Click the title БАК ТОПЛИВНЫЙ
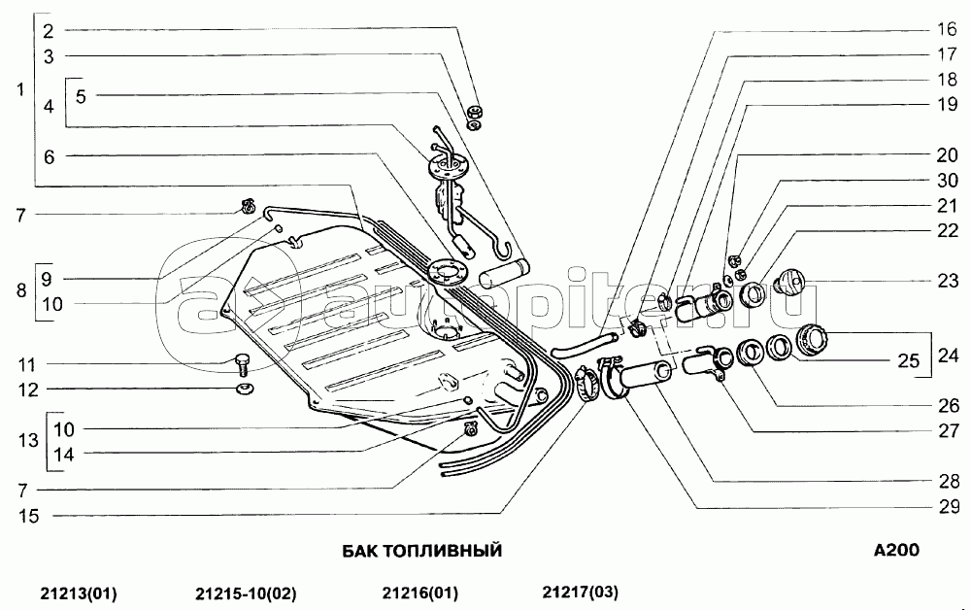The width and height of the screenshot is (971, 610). tap(422, 551)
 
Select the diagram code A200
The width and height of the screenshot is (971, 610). tap(896, 550)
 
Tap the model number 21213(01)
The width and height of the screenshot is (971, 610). tap(79, 593)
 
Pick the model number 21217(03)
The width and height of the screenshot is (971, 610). tap(581, 593)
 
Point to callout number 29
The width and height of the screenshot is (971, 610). tap(948, 507)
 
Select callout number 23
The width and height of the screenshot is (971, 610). tap(948, 281)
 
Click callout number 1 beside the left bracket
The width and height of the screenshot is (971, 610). tap(20, 89)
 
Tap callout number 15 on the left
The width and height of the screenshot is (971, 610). tap(28, 516)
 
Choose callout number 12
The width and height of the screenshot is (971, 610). tap(28, 390)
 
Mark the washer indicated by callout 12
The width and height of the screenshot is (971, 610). tap(246, 389)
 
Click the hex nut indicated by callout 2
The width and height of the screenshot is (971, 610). tap(475, 113)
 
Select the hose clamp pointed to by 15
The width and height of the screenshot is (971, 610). tap(584, 384)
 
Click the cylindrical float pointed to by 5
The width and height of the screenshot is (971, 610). tap(505, 274)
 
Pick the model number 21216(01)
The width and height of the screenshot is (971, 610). tap(419, 593)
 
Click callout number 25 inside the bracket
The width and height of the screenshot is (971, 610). tap(909, 360)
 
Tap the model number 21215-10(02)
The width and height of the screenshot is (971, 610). tap(246, 593)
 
